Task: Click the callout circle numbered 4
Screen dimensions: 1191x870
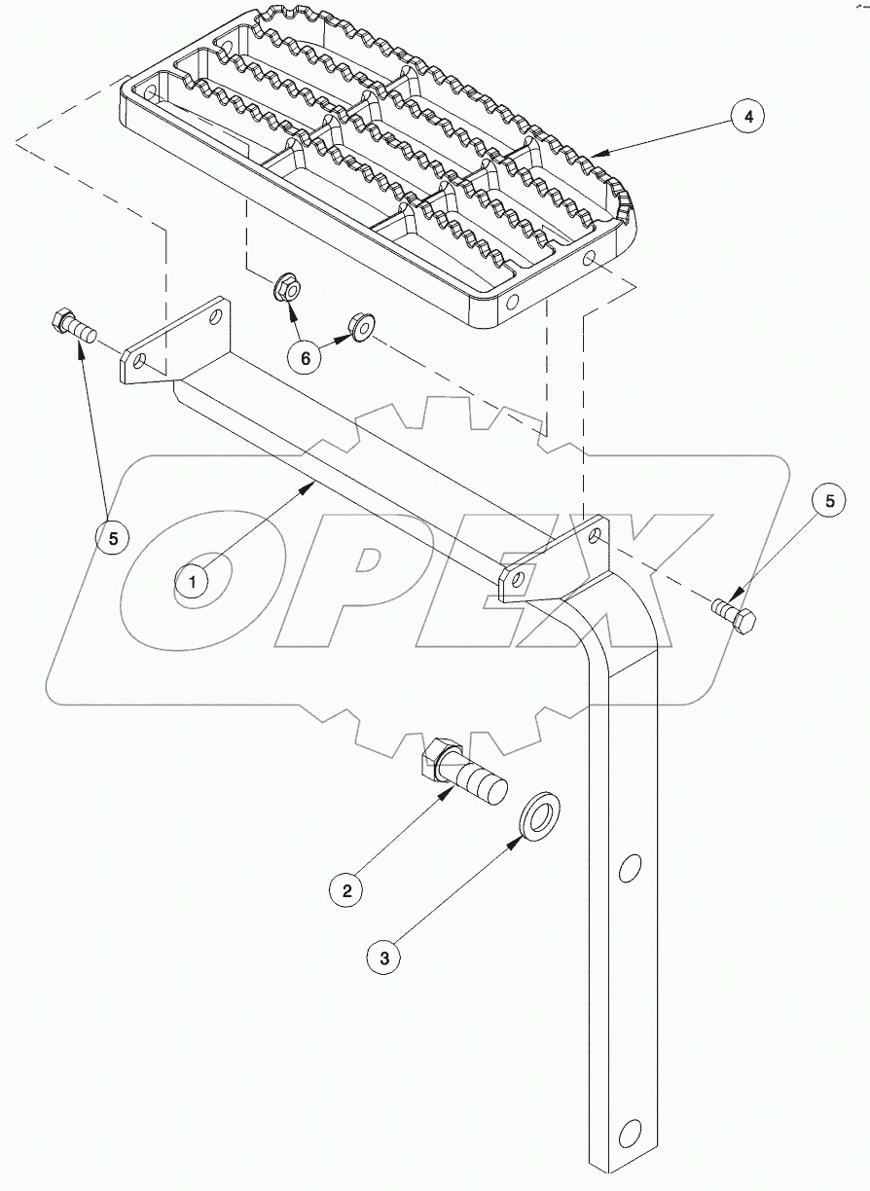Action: [746, 118]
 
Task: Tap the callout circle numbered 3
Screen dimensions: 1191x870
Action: [384, 958]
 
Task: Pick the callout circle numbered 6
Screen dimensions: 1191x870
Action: [306, 358]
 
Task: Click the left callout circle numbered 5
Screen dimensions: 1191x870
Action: [113, 537]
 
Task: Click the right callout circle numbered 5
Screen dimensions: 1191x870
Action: [829, 503]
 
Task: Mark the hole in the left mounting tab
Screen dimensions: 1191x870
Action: [141, 362]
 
